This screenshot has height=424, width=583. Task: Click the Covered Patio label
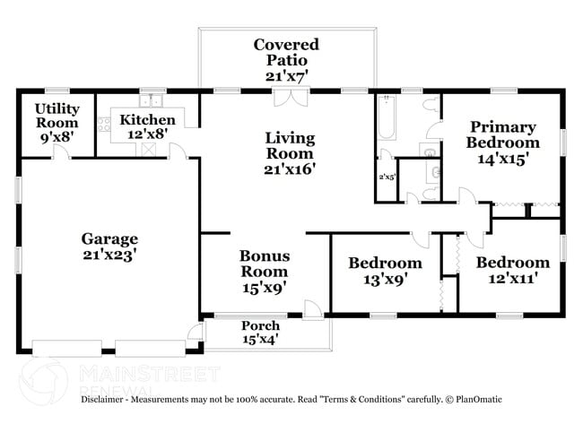(286, 59)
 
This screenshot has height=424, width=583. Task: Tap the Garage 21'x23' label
(109, 247)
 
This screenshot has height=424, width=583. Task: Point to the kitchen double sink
(152, 100)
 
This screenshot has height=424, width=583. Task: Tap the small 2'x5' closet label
(387, 177)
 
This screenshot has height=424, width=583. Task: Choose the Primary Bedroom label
(503, 142)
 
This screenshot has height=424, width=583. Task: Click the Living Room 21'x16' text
(289, 152)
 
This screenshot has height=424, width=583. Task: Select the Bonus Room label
(264, 272)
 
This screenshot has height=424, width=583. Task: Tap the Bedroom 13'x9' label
(385, 271)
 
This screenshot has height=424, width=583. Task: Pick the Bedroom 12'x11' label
(512, 271)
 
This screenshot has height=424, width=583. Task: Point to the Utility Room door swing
(58, 152)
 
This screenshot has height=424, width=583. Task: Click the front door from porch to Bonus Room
(313, 309)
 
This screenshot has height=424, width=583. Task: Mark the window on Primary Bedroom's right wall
(564, 142)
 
